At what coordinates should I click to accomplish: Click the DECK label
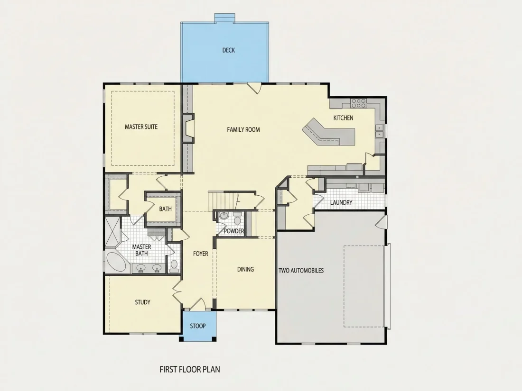tap(228, 50)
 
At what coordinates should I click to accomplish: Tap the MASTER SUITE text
tap(141, 127)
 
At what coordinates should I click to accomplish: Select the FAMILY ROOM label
tap(243, 130)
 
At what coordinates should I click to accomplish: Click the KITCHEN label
tap(343, 118)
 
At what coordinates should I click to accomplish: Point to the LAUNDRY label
tap(341, 202)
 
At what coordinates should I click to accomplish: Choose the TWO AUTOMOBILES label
tap(301, 271)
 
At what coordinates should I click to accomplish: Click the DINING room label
tap(245, 269)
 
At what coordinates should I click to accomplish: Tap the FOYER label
tap(201, 254)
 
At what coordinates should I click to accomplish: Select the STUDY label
tap(142, 302)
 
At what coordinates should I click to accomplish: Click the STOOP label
tap(198, 326)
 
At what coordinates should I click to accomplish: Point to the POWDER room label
tap(233, 231)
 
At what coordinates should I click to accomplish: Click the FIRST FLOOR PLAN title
tap(190, 369)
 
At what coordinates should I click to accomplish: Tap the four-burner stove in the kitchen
tap(359, 103)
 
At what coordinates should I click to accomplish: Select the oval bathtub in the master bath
tap(116, 263)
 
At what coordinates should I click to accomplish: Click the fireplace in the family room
tap(188, 128)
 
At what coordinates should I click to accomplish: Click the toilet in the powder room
tap(237, 220)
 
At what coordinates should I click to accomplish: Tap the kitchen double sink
tap(379, 131)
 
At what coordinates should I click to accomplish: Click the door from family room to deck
tap(255, 88)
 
